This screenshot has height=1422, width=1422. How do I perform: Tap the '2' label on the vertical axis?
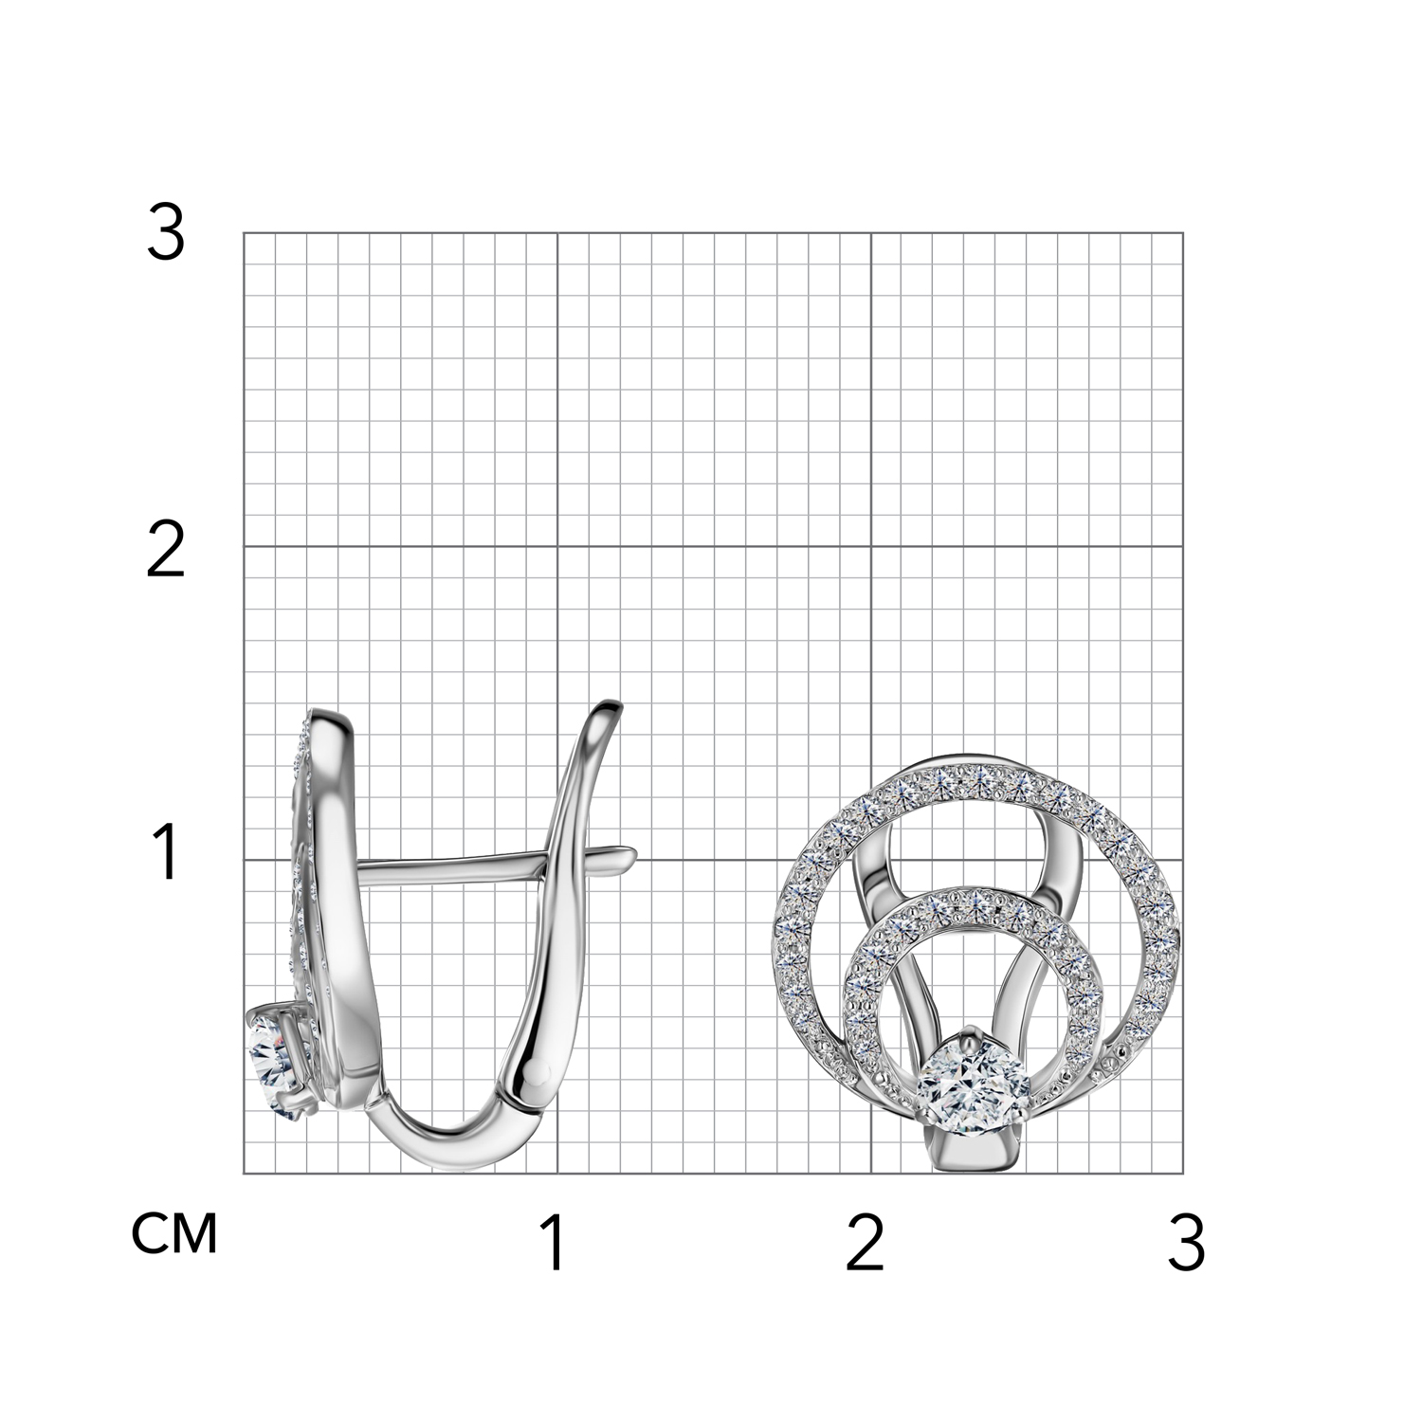166,552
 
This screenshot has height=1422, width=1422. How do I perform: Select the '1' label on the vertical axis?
167,852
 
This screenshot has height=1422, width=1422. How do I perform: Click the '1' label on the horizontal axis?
555,1243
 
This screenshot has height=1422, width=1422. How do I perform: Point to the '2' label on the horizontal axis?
866,1243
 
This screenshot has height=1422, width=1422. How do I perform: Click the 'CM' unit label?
175,1233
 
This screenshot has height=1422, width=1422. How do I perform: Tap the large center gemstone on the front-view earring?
971,1081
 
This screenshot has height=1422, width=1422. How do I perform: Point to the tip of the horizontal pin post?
635,854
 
